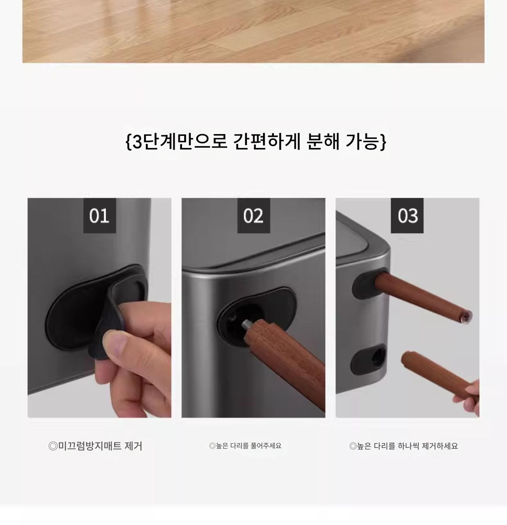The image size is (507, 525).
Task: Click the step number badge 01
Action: (100, 216)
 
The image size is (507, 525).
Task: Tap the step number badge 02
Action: (253, 216)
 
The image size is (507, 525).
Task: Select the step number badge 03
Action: (407, 216)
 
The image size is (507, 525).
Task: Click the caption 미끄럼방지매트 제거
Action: (95, 446)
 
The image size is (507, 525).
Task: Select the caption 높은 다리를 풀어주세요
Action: (245, 446)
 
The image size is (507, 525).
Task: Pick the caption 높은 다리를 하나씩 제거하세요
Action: (403, 446)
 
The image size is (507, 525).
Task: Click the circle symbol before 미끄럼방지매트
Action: (53, 446)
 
